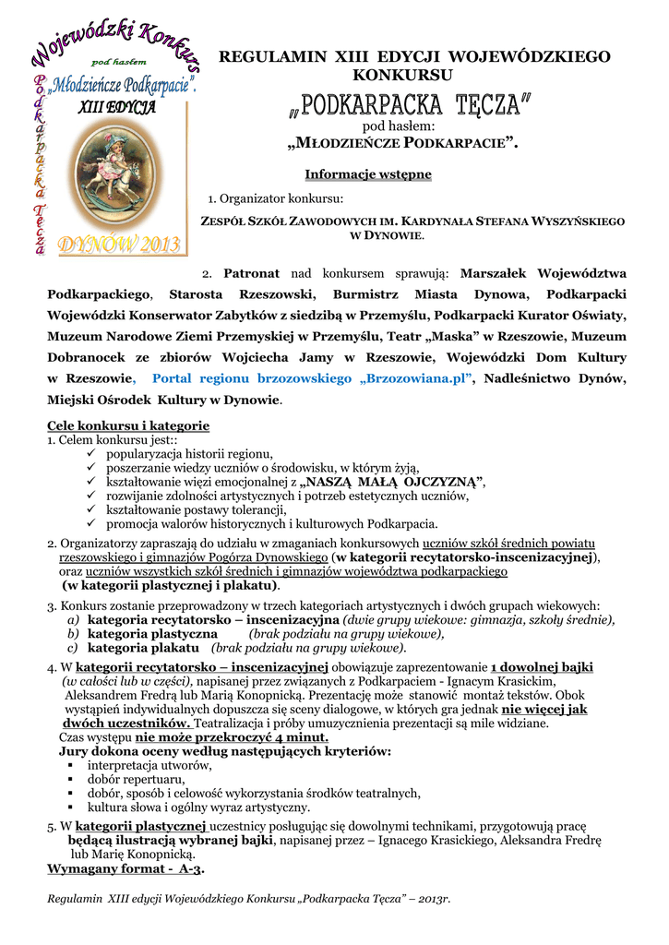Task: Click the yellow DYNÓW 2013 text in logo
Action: (120, 245)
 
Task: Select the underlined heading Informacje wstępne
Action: (368, 174)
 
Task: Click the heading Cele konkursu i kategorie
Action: (128, 425)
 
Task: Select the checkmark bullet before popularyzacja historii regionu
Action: (90, 453)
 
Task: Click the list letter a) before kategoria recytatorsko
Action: (72, 620)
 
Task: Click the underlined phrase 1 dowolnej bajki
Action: (542, 666)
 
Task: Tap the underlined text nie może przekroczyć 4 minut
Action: (232, 737)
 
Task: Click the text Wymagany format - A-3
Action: (125, 868)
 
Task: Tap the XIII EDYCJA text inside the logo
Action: (116, 107)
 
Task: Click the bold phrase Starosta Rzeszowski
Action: (243, 294)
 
